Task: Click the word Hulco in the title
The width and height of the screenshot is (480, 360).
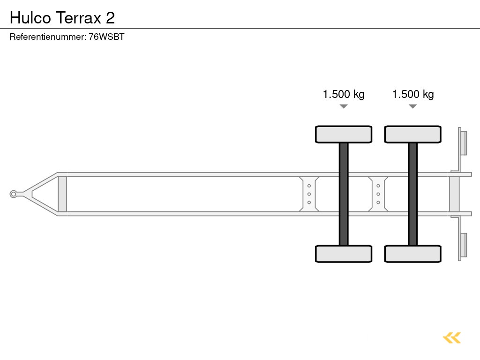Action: (30, 18)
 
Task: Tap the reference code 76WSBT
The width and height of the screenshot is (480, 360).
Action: (107, 37)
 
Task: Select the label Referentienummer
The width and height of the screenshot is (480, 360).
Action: (48, 37)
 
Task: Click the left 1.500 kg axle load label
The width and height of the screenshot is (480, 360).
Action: (344, 94)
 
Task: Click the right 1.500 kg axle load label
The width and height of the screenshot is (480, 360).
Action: (413, 94)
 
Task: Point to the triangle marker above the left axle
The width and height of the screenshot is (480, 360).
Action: (344, 106)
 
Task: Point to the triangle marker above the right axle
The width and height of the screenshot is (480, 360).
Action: (412, 106)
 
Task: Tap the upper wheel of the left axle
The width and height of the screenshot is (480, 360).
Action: (344, 134)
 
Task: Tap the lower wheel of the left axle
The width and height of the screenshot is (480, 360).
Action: (344, 254)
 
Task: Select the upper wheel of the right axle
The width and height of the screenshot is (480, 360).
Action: (412, 134)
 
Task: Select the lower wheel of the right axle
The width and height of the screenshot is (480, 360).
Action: (412, 254)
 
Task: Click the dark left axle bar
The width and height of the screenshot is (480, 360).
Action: (344, 194)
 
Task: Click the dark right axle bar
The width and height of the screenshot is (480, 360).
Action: (412, 194)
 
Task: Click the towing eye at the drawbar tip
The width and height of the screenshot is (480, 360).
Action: (14, 194)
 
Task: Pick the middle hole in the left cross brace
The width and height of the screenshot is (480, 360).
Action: (309, 194)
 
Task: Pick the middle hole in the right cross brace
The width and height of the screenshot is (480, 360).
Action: (378, 194)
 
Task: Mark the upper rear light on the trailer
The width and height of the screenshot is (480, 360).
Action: (464, 142)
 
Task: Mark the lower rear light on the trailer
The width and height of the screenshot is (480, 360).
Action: (464, 245)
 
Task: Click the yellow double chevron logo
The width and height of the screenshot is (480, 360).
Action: (452, 337)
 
